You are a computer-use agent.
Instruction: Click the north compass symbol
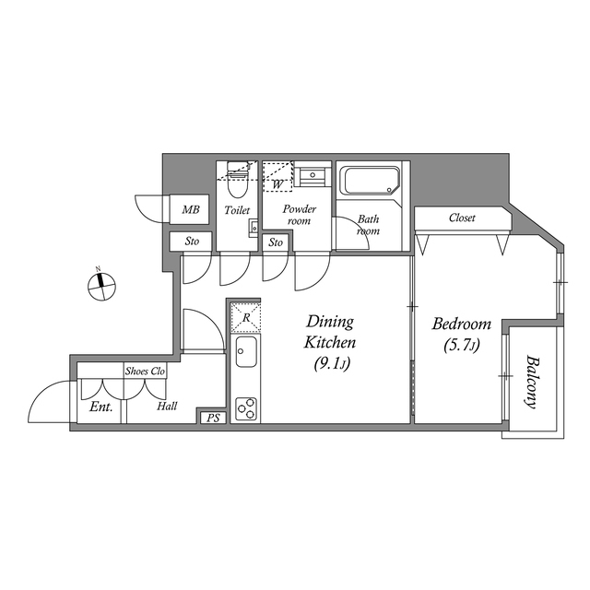pos(101,286)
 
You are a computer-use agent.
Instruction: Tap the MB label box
pos(191,210)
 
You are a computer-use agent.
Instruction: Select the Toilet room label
pos(237,211)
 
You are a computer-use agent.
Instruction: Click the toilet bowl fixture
pos(236,189)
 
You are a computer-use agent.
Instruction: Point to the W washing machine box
pos(277,179)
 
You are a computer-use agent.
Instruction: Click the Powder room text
pos(299,215)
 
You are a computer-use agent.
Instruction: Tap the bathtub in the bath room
pos(369,181)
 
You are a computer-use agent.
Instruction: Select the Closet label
pos(462,218)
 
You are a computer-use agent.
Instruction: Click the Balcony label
pos(532,382)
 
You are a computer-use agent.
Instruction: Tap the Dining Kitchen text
pos(330,332)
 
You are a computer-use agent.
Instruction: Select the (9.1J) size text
pos(330,364)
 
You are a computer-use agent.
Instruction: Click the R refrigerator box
pos(246,317)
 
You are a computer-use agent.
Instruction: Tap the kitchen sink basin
pos(247,353)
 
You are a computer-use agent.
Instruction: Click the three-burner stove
pos(247,407)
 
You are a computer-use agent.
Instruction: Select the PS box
pos(213,418)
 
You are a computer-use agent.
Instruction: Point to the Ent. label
pos(100,406)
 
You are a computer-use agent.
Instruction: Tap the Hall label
pos(167,406)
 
